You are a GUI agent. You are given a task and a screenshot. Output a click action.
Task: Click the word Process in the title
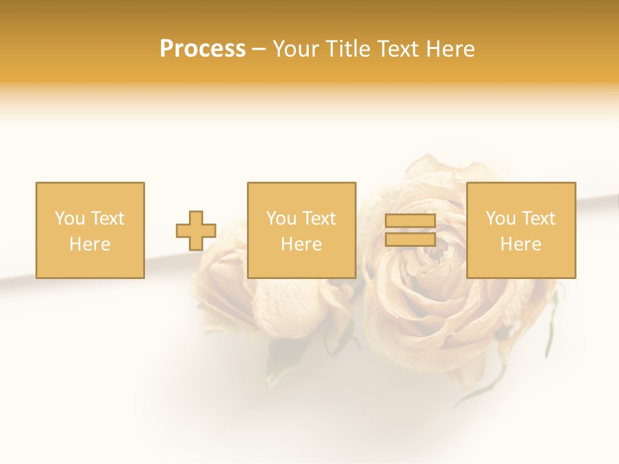point(202,49)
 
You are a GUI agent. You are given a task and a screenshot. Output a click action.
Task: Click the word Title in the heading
point(347,49)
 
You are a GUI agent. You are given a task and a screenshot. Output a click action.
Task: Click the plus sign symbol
point(196,231)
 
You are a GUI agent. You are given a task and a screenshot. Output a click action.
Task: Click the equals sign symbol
point(410,231)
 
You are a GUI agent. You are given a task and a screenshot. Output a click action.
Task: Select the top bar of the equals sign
point(410,221)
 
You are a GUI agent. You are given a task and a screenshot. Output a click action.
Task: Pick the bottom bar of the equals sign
point(410,239)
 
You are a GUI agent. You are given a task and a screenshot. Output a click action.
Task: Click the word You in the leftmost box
point(69,218)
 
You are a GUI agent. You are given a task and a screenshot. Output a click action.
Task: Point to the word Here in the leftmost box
point(90,244)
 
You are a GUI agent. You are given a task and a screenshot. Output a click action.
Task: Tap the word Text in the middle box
point(319,218)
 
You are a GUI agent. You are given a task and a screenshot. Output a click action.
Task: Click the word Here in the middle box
point(301,244)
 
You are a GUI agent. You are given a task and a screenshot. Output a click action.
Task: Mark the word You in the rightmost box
point(500,218)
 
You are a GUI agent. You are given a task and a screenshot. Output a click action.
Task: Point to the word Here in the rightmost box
point(520,244)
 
